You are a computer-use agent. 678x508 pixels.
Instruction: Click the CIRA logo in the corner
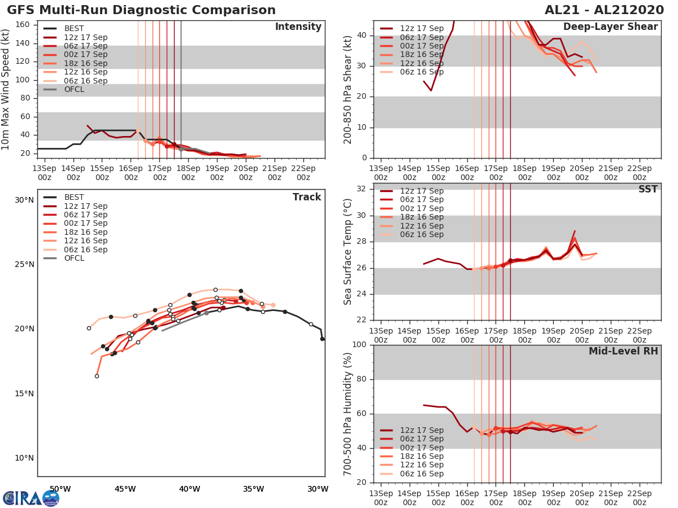(31, 498)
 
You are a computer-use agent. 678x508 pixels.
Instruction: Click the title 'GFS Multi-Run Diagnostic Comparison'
(141, 10)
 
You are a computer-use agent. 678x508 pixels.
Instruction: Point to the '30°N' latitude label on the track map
(24, 200)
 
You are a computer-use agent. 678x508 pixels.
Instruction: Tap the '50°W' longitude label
(60, 489)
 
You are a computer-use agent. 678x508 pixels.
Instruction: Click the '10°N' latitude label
(24, 458)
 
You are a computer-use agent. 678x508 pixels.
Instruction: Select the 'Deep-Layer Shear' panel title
(610, 27)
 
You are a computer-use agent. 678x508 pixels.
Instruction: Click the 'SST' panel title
(648, 190)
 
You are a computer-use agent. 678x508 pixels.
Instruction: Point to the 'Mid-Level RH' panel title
(623, 352)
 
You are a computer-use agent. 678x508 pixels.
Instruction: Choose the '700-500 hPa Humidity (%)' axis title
(348, 413)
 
